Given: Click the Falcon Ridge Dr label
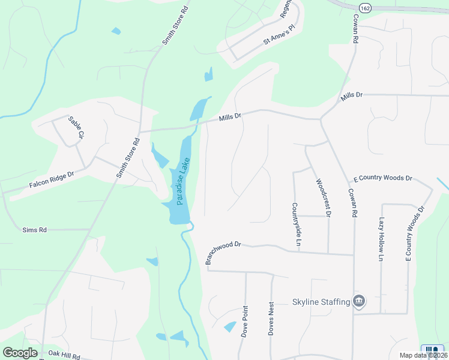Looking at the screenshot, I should pyautogui.click(x=51, y=181).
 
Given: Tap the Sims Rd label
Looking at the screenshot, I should pyautogui.click(x=34, y=230).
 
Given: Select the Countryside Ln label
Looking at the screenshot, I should pyautogui.click(x=296, y=224).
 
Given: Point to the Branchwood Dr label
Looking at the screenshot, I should pyautogui.click(x=223, y=253).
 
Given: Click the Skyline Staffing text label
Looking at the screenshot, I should pyautogui.click(x=321, y=302).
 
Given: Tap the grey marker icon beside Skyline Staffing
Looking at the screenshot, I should pyautogui.click(x=359, y=301).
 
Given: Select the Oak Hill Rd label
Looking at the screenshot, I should pyautogui.click(x=64, y=356).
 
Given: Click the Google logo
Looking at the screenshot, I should pyautogui.click(x=20, y=353).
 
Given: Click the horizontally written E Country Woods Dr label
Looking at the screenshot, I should pyautogui.click(x=383, y=178).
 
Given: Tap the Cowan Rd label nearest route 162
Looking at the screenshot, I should pyautogui.click(x=355, y=28).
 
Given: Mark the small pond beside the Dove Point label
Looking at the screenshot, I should pyautogui.click(x=230, y=326).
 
